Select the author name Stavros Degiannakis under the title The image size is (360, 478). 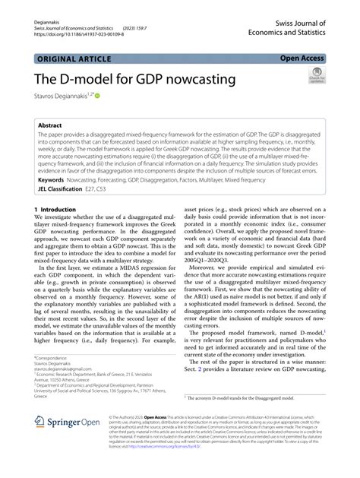click(x=58, y=95)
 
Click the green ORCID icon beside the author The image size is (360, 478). click(x=97, y=95)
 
